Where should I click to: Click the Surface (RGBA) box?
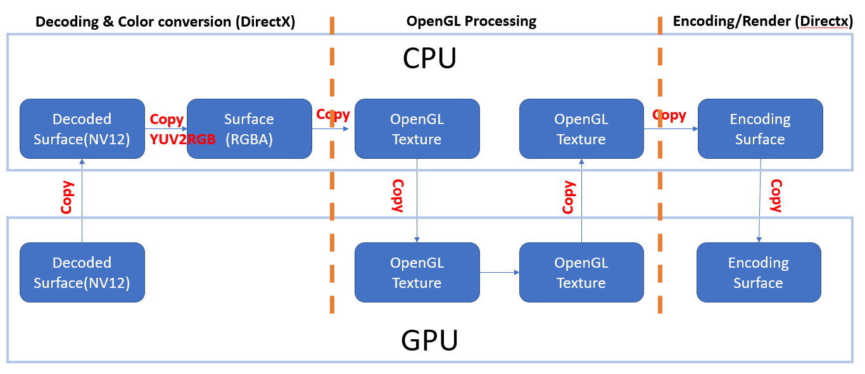coord(249,128)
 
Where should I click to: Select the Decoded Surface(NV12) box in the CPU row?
coord(82,128)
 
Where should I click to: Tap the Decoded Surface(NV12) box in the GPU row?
coord(82,272)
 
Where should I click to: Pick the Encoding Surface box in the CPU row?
coord(760,128)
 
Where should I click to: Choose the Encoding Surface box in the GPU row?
coord(758,272)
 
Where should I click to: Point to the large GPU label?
coord(429,340)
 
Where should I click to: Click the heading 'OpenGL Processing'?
coord(471,21)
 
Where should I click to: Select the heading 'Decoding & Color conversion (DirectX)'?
coord(165,22)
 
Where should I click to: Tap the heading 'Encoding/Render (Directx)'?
coord(763,21)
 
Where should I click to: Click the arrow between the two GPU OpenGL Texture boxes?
coord(499,272)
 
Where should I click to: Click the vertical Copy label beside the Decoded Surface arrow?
coord(67,197)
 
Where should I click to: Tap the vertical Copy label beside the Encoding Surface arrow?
coord(776,196)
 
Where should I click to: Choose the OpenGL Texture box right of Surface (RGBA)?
coord(417,128)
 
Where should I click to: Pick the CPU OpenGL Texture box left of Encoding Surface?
coord(581,128)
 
